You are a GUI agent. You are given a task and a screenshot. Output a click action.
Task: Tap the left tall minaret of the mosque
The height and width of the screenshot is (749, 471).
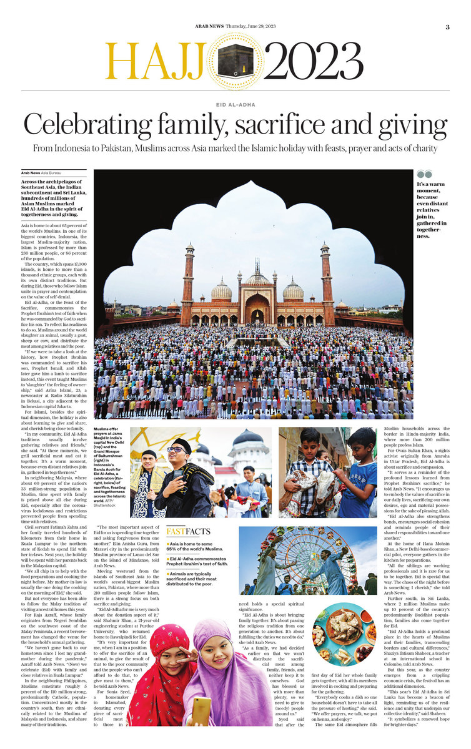188,283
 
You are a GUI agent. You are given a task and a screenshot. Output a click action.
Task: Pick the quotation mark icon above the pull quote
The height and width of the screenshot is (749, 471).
424,174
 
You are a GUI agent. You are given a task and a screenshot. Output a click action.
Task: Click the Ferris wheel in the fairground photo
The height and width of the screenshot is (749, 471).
294,562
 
